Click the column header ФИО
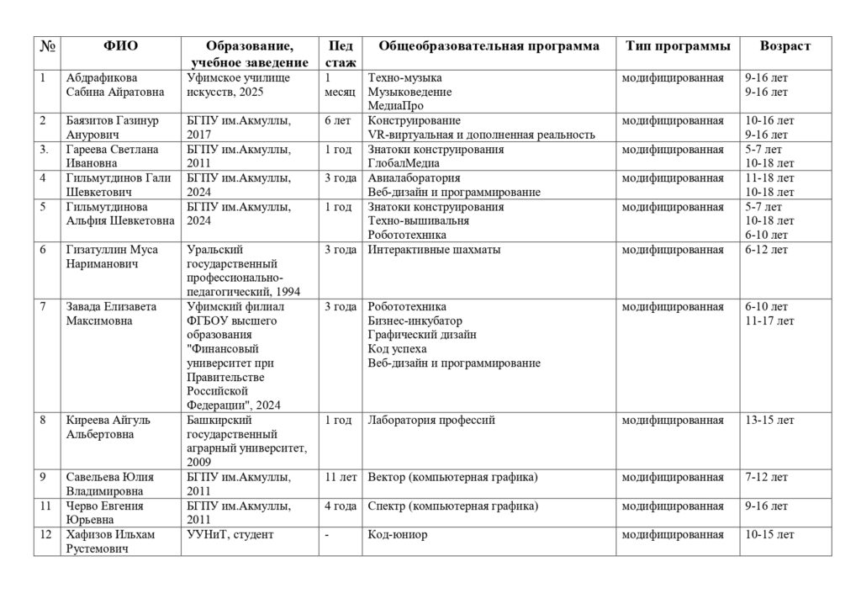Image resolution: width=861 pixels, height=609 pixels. (121, 46)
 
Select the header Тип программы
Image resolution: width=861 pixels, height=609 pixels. (678, 46)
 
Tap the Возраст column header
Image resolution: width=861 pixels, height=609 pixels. (784, 46)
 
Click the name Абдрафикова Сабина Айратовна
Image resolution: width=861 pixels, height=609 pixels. (114, 85)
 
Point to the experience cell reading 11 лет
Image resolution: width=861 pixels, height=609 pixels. (339, 479)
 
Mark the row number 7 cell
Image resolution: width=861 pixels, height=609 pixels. (43, 306)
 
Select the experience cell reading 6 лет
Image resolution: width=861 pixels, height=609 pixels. (337, 121)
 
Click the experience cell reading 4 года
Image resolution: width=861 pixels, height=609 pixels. (340, 506)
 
